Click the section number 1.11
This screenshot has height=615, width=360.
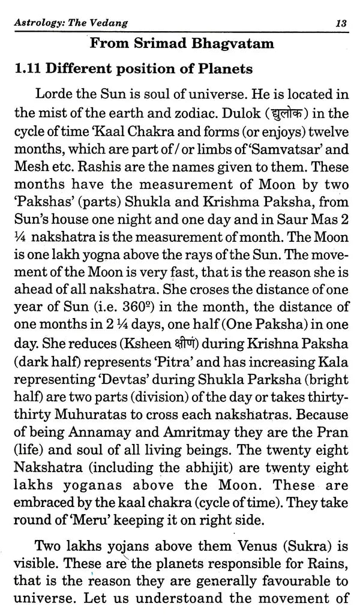pos(31,69)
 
